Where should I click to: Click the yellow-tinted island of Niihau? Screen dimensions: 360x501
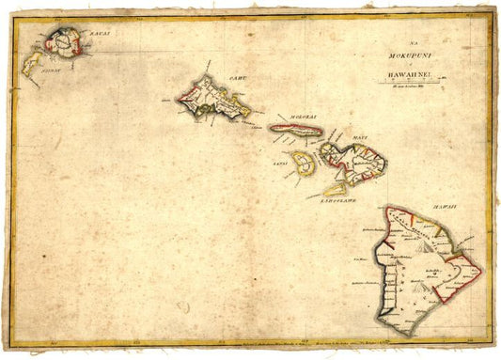(x=34, y=62)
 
